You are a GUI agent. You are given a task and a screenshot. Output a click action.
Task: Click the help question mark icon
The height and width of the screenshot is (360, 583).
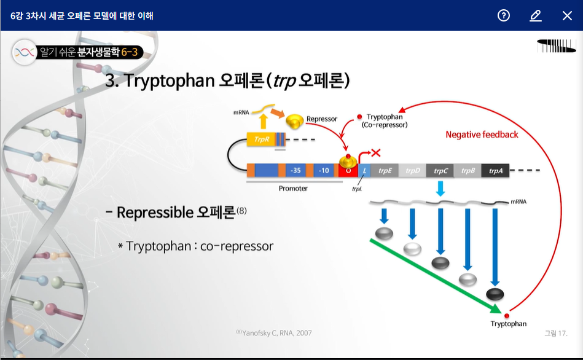tap(503, 15)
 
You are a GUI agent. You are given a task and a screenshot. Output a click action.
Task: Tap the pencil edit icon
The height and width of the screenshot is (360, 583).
tap(536, 15)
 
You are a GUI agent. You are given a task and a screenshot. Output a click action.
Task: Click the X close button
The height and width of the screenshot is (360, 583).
tap(567, 15)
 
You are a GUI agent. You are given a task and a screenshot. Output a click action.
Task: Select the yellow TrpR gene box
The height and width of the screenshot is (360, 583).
tap(261, 139)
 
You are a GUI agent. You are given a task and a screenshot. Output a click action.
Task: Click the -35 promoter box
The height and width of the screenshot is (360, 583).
tap(295, 170)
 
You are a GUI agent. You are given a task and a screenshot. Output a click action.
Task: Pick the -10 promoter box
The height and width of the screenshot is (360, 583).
tap(324, 170)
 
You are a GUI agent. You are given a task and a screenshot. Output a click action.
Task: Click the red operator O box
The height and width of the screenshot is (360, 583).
tap(348, 171)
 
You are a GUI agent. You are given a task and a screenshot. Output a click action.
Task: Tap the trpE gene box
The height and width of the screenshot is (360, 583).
tap(385, 170)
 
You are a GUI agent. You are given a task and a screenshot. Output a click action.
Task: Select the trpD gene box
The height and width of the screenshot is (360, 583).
tap(412, 170)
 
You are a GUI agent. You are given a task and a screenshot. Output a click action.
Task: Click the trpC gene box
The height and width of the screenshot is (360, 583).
tap(440, 170)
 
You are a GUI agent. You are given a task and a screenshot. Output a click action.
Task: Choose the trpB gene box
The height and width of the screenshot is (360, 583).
tap(468, 170)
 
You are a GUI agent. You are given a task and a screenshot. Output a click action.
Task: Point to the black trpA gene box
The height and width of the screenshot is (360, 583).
tap(495, 170)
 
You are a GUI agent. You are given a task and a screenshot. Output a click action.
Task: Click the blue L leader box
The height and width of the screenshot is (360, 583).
tap(364, 170)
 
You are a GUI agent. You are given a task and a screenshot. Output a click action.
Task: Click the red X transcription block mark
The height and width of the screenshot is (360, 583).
tap(376, 152)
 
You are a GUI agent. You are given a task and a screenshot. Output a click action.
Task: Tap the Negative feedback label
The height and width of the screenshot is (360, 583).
tap(482, 135)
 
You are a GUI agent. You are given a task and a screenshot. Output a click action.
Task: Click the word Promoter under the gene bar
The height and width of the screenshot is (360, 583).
tap(293, 189)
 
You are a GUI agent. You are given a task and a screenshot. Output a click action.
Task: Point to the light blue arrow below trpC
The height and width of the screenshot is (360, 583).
tap(440, 189)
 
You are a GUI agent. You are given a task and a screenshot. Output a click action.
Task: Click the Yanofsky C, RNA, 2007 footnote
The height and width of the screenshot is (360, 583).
tap(274, 333)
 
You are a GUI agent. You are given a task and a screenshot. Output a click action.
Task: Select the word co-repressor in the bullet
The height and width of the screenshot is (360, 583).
tap(237, 246)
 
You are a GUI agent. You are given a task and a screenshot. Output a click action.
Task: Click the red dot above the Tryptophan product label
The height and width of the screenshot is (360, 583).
tap(507, 315)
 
